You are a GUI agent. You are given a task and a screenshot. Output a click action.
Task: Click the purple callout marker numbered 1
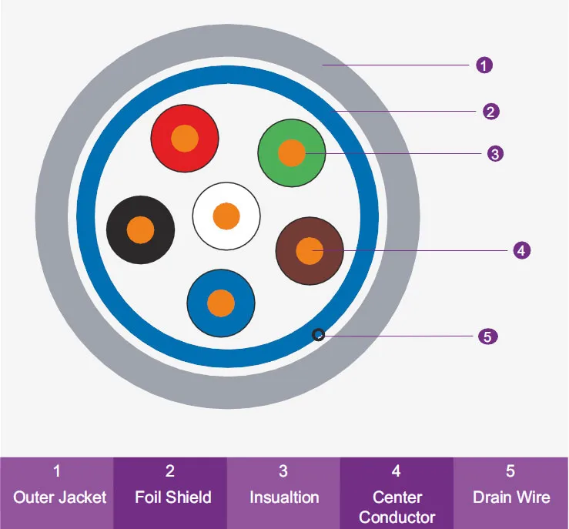(484, 65)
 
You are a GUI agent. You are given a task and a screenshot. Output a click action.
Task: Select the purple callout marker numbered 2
(491, 112)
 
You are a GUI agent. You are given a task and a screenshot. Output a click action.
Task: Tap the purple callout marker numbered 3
(495, 154)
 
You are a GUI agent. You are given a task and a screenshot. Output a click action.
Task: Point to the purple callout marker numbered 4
(521, 250)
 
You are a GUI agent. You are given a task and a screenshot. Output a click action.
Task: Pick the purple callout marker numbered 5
(487, 336)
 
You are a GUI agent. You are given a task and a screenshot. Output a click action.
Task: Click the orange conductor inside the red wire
(185, 139)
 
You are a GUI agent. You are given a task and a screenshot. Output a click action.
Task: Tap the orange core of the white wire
(226, 216)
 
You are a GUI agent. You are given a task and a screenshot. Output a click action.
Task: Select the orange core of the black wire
(140, 229)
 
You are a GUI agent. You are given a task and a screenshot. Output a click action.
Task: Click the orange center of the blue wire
(221, 302)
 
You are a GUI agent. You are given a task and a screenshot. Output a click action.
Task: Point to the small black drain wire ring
(317, 334)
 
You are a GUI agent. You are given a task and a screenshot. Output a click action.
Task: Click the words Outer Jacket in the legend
(60, 497)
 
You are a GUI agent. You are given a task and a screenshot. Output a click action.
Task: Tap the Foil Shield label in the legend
(172, 497)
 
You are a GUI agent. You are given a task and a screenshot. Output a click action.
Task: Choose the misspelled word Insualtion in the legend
(284, 497)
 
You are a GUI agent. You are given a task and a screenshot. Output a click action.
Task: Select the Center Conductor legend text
(397, 507)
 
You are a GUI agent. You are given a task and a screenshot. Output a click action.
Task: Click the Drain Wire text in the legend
(511, 497)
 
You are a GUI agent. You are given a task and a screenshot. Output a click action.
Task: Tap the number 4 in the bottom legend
(397, 470)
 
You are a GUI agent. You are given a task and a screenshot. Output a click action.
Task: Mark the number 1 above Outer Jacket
(57, 470)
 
